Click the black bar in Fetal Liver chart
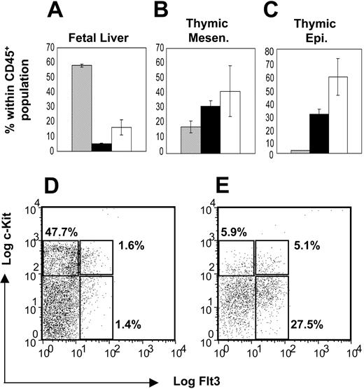click(x=101, y=147)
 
